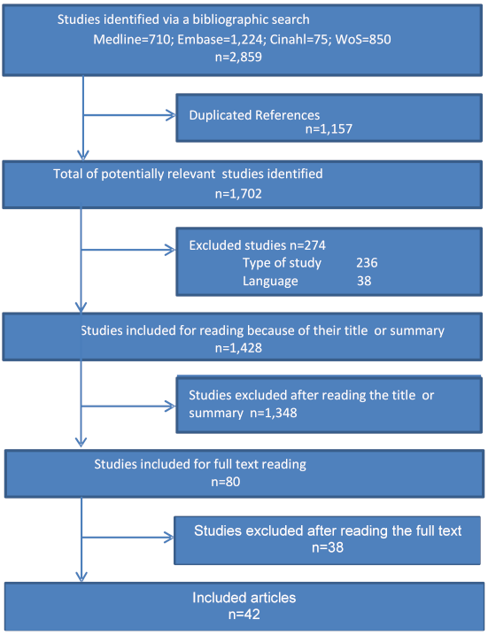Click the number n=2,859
[x=238, y=57]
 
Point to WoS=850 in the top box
[x=363, y=39]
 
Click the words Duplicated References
[x=254, y=115]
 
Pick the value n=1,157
[x=329, y=128]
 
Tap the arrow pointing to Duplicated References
[x=129, y=115]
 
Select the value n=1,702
[x=238, y=194]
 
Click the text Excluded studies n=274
[x=257, y=245]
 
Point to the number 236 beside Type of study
[x=367, y=263]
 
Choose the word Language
[x=270, y=281]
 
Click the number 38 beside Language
[x=364, y=281]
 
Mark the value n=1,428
[x=238, y=348]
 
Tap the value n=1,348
[x=274, y=413]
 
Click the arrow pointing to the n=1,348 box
[x=128, y=407]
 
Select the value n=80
[x=226, y=482]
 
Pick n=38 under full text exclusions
[x=328, y=547]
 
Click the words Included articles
[x=244, y=598]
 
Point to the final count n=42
[x=244, y=615]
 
